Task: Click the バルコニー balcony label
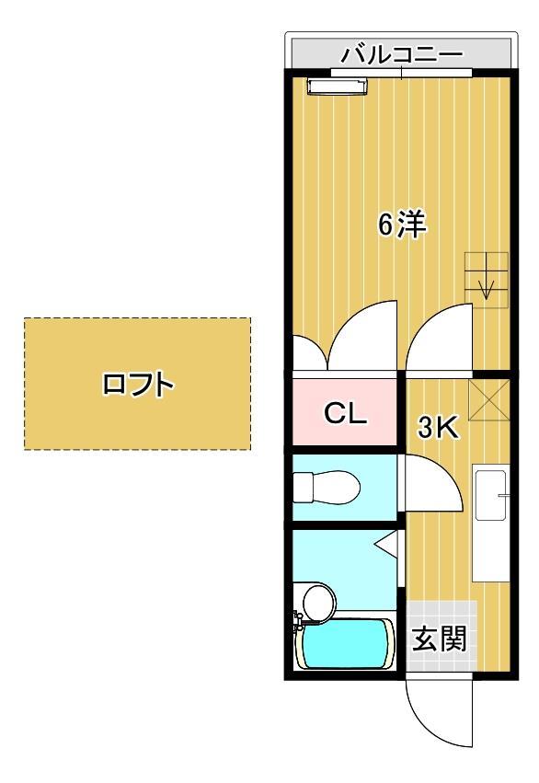tap(402, 52)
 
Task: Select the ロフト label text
tap(137, 384)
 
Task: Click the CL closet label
tap(345, 413)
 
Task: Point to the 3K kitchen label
tap(439, 427)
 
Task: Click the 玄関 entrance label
tap(438, 638)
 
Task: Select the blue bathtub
tap(349, 644)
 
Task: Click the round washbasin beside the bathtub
tap(319, 602)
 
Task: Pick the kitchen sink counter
tap(491, 523)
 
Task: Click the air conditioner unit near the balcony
tap(338, 86)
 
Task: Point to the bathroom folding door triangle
tap(387, 546)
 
